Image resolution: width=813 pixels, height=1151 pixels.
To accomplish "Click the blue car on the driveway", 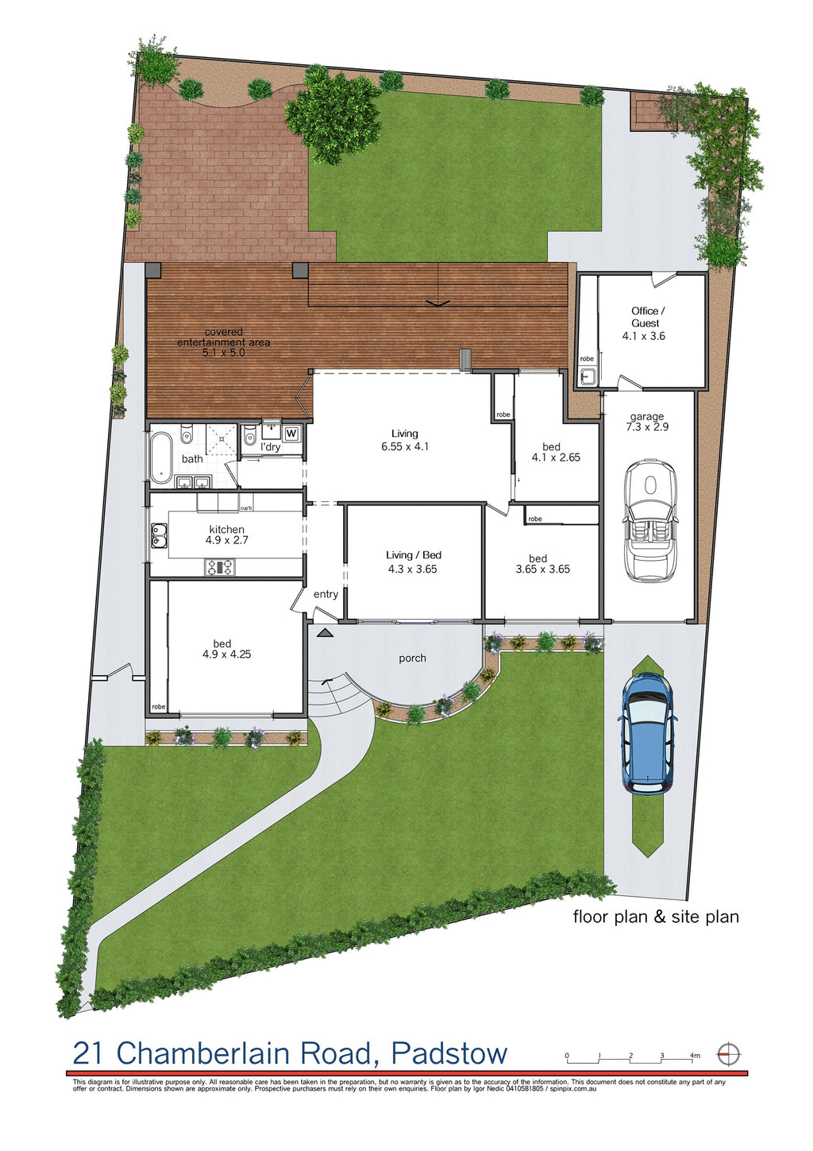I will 647,733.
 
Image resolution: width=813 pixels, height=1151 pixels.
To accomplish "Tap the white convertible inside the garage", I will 650,519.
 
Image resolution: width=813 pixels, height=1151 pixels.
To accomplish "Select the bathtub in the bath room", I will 163,458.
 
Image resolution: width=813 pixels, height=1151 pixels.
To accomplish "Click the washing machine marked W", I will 291,433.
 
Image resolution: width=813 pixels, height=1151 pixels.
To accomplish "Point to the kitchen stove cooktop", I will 220,567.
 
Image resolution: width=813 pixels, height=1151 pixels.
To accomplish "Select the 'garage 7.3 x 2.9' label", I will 647,422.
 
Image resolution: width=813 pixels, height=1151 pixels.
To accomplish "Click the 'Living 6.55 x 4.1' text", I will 405,440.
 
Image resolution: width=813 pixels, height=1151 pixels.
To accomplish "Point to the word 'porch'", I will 413,658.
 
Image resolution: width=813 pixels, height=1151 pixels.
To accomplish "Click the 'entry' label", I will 326,594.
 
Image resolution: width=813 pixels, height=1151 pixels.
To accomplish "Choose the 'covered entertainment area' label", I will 224,342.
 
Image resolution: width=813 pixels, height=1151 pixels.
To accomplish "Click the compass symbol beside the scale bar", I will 728,1055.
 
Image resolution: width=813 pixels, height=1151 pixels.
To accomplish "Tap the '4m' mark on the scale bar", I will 695,1056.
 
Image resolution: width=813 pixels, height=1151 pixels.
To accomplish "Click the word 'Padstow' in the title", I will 449,1054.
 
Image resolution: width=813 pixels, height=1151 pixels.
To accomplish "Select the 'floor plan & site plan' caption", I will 656,917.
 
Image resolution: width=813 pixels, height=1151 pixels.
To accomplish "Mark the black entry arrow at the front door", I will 324,633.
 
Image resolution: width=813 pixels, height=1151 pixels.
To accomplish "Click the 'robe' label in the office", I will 587,359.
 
